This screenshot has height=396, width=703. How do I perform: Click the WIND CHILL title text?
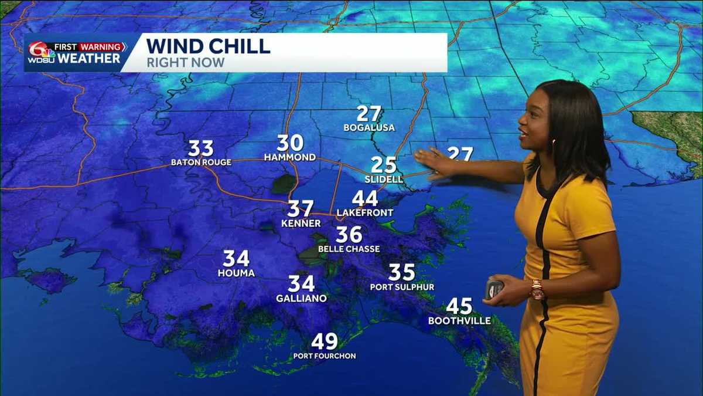point(208,46)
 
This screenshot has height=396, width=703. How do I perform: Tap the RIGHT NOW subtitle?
point(185,62)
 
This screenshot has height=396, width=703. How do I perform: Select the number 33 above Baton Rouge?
point(200,148)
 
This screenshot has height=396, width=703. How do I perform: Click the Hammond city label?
point(290,157)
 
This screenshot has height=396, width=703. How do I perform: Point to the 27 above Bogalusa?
point(369,114)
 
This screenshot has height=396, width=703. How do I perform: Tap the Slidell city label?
point(384,179)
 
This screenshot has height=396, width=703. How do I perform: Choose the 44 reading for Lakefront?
point(364,199)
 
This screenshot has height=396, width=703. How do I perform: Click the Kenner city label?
point(301,224)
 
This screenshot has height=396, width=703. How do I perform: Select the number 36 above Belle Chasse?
point(349,235)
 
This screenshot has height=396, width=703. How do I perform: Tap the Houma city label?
point(236,273)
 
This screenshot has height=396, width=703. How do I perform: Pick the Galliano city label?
point(301,298)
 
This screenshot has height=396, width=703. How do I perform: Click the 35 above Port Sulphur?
point(402,272)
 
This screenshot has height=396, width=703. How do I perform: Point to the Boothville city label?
point(459,320)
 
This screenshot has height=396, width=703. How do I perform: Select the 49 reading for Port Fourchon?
point(325,341)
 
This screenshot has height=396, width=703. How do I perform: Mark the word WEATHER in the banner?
point(88,59)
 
